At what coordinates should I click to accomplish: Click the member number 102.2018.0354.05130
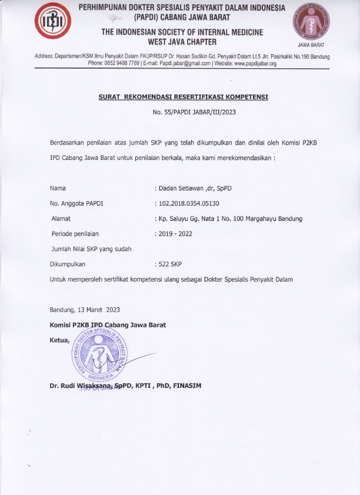point(188,203)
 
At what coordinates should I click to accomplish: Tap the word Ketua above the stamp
point(59,340)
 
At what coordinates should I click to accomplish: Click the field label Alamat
point(61,219)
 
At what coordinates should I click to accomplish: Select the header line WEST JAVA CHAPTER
point(182,42)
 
